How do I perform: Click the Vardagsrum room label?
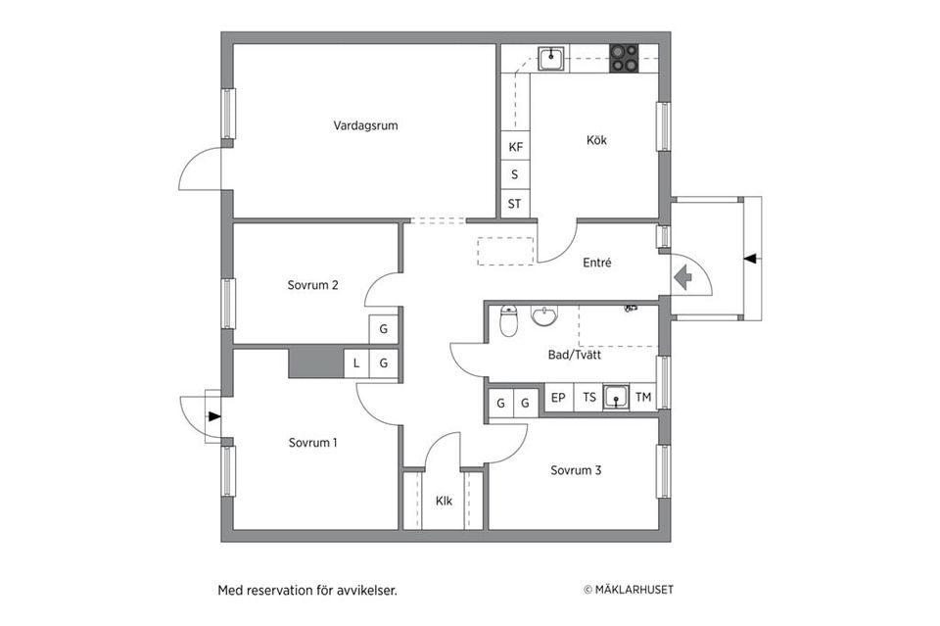click(365, 125)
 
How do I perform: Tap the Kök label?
click(596, 140)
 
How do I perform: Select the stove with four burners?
click(624, 59)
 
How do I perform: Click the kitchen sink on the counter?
click(551, 59)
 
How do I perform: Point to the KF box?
click(515, 147)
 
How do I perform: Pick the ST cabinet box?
click(515, 205)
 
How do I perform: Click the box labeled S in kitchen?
click(515, 175)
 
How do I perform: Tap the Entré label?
click(596, 263)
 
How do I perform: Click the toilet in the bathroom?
click(508, 320)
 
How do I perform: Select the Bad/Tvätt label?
click(575, 356)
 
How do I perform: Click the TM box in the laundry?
click(642, 398)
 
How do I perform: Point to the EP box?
click(558, 398)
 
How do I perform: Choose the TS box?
click(589, 398)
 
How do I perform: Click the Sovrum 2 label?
click(312, 285)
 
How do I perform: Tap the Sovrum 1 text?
click(312, 443)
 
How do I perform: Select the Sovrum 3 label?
click(576, 470)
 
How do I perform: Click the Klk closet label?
click(445, 501)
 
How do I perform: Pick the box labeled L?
click(356, 363)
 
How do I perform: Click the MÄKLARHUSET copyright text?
click(628, 590)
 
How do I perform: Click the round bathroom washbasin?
click(543, 316)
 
